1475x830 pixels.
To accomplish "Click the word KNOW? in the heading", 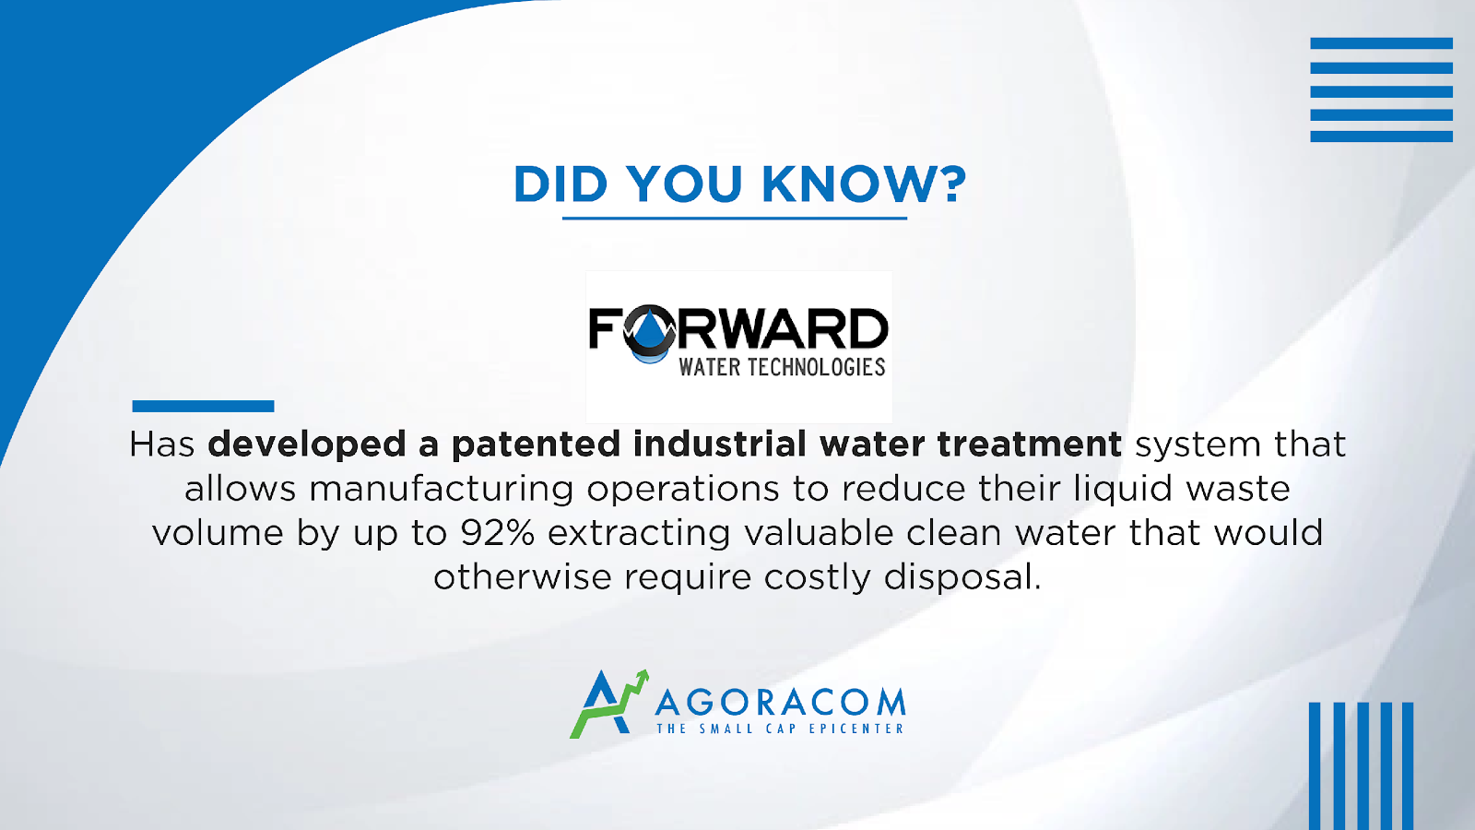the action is (x=864, y=184).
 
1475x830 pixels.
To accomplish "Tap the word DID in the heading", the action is (x=560, y=184).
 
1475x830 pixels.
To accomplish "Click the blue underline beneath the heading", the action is (x=734, y=218).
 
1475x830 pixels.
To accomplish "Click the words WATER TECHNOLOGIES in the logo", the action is (x=782, y=367).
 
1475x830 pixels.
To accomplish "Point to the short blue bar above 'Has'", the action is (x=203, y=406).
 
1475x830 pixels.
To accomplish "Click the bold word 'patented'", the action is (x=536, y=445).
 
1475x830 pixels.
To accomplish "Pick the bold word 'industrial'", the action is (x=720, y=444).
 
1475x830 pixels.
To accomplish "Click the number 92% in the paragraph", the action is (x=497, y=532).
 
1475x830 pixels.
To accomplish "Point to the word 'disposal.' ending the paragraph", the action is (x=962, y=577).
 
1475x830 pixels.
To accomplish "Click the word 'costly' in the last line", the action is (x=817, y=577).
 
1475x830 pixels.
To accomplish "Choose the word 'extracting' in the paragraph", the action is (x=639, y=533).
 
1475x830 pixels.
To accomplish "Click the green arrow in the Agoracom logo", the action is (x=609, y=705).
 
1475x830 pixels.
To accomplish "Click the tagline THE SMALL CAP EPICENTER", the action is (x=780, y=729).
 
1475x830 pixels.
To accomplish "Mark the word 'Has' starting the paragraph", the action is (x=162, y=444).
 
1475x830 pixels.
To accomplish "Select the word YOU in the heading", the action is (x=685, y=184).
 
